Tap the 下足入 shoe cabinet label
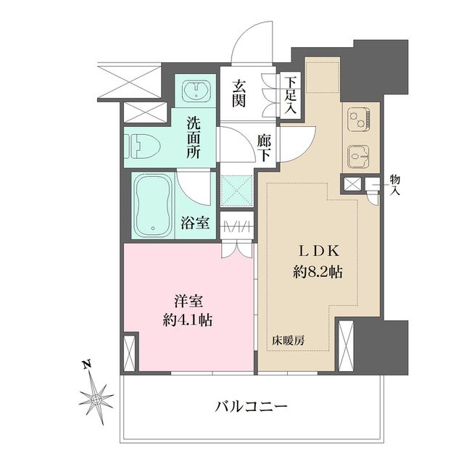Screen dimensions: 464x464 pos(290,95)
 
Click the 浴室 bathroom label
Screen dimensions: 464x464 pos(195,223)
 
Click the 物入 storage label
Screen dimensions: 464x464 pos(394,185)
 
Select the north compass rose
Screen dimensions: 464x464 pos(96,398)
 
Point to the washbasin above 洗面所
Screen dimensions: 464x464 pos(195,91)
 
